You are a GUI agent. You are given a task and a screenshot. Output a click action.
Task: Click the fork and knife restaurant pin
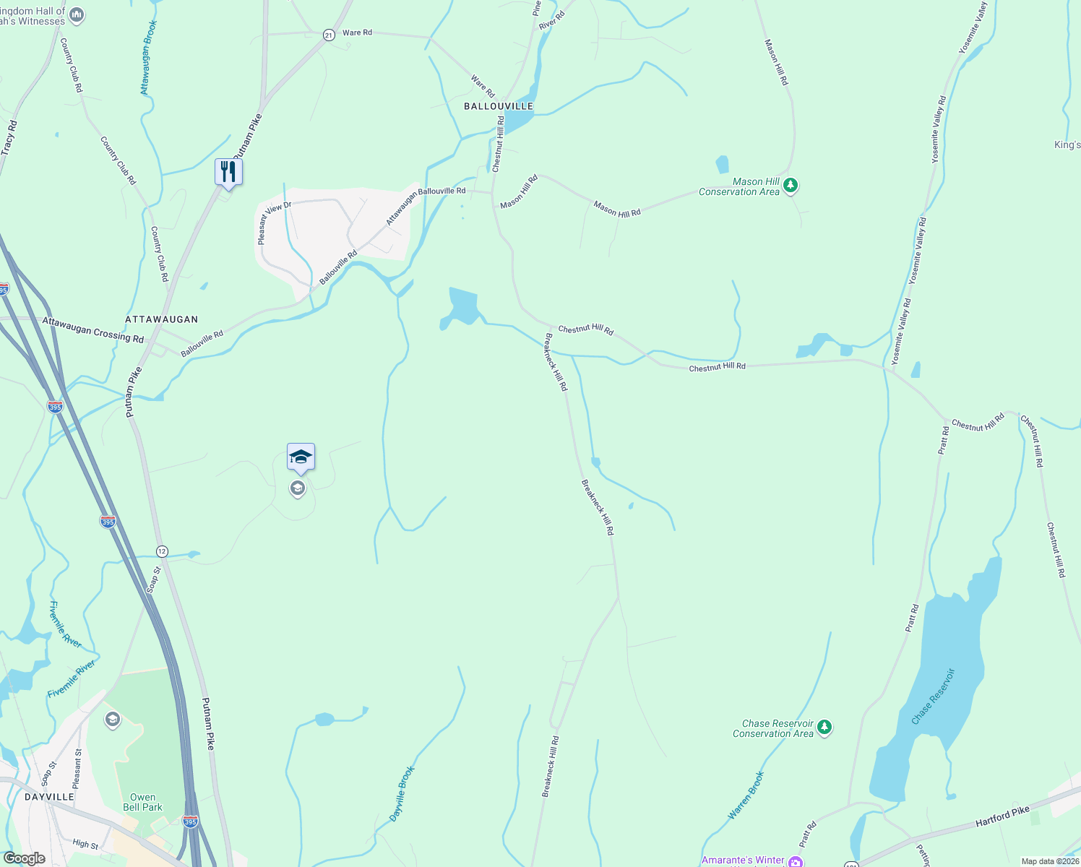228,172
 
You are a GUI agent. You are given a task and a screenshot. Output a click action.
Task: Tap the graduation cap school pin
301,457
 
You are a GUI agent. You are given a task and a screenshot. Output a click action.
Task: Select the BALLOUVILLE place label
499,106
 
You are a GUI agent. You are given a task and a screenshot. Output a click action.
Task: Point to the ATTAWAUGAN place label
161,319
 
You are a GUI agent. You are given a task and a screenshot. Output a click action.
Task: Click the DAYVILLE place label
49,797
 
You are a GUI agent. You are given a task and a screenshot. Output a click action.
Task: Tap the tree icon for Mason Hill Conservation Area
791,186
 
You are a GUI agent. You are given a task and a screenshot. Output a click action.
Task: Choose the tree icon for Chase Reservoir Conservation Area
824,728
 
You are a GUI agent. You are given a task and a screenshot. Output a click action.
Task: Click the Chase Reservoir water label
933,696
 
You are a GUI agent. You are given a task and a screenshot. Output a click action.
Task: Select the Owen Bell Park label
142,802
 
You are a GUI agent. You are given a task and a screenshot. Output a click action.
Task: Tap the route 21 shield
329,35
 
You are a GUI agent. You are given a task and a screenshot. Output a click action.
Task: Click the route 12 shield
162,551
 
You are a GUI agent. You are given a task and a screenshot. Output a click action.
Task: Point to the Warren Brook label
746,795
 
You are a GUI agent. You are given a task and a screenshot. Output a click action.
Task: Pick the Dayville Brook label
402,793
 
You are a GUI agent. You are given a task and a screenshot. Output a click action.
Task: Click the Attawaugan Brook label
148,58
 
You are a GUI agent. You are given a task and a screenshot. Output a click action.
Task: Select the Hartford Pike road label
1002,817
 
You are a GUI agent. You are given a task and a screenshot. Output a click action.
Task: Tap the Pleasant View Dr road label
275,222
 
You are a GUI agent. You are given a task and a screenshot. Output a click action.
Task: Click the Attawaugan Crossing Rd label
92,330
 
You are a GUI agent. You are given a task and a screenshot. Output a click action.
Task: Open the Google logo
24,858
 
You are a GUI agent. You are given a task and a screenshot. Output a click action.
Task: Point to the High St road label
85,843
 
